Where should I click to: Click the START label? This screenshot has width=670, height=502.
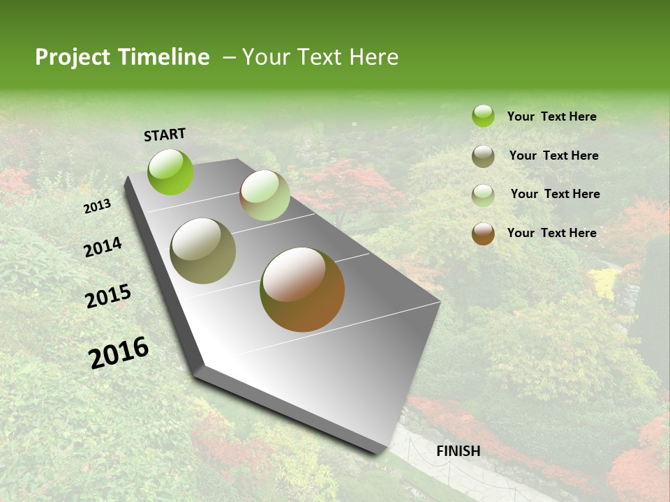coord(165,135)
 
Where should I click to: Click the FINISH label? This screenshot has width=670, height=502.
coord(458,451)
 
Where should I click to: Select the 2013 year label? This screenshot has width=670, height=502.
coord(97,206)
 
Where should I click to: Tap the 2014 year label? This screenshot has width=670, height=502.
coord(103,247)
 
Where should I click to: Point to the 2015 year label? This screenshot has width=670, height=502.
coord(108,296)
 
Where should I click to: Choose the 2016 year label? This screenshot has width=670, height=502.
coord(119,353)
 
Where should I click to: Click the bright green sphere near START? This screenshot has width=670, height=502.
coord(170,172)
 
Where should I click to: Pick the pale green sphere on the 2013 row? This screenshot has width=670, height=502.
coord(265,195)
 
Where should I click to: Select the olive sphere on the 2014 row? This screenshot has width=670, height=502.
coord(203,251)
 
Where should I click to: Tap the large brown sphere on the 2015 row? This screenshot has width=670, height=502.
coord(302,289)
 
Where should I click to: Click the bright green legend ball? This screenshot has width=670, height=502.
coord(483,116)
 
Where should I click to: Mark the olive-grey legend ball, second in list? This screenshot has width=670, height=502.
coord(483,156)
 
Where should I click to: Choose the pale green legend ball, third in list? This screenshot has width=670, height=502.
coord(483,195)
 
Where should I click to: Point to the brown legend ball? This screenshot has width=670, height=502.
coord(483,234)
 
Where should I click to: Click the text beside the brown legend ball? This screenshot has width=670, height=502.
coord(551,233)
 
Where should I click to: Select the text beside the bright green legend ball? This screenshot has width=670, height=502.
coord(551,116)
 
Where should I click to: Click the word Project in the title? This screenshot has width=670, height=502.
coord(73,57)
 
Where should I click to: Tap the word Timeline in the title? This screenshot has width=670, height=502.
coord(163,57)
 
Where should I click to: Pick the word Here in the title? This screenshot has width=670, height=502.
coord(373,57)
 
